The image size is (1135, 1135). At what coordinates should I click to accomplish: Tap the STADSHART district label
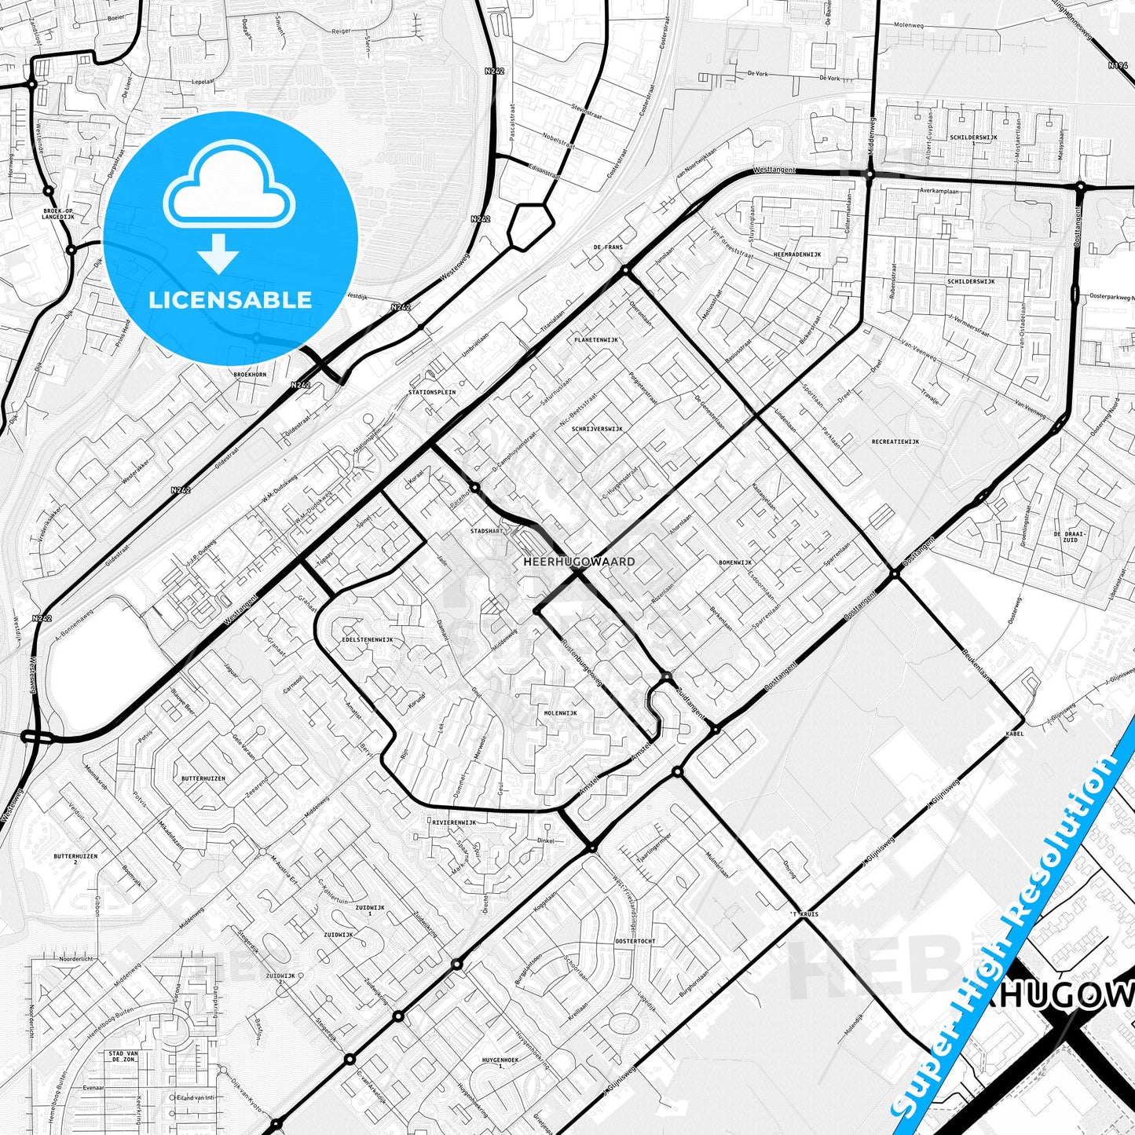pyautogui.click(x=485, y=531)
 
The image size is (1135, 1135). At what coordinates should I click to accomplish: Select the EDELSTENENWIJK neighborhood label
pyautogui.click(x=368, y=639)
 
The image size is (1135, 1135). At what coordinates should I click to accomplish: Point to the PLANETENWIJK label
pyautogui.click(x=596, y=340)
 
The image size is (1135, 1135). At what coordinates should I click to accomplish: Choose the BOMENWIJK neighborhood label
pyautogui.click(x=735, y=562)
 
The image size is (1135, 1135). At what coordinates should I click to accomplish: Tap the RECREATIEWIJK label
pyautogui.click(x=895, y=441)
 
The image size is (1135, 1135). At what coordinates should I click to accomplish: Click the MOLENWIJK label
pyautogui.click(x=560, y=713)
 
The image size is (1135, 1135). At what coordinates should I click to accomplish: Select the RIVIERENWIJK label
pyautogui.click(x=454, y=822)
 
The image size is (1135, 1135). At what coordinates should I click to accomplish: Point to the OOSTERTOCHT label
pyautogui.click(x=635, y=940)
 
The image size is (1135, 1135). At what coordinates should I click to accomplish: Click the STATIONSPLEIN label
pyautogui.click(x=432, y=392)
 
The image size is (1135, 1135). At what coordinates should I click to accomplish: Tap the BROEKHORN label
pyautogui.click(x=250, y=375)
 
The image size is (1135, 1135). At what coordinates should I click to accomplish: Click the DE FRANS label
pyautogui.click(x=608, y=247)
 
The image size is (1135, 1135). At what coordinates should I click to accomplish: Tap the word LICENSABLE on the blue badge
pyautogui.click(x=229, y=299)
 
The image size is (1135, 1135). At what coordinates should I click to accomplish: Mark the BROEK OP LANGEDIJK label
pyautogui.click(x=58, y=214)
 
